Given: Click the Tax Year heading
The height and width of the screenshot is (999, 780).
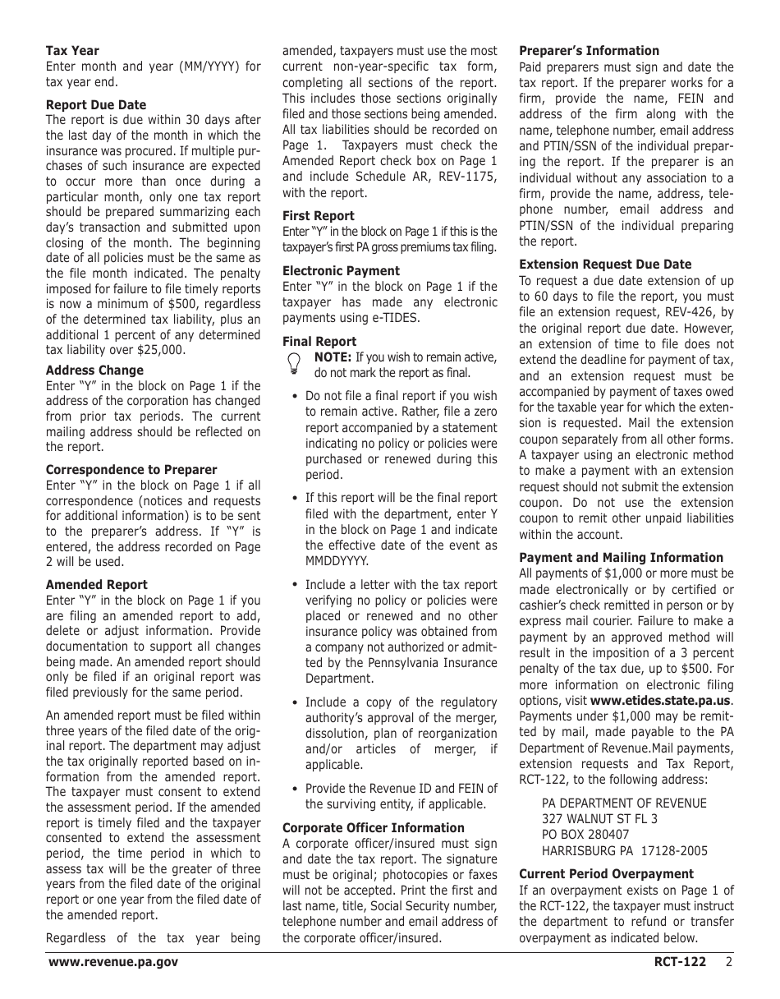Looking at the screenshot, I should [72, 51].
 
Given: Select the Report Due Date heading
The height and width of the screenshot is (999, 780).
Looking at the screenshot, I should [96, 105].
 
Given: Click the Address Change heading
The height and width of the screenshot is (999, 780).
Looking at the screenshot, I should [94, 371].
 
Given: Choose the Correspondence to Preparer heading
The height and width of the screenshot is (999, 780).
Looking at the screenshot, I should [131, 470].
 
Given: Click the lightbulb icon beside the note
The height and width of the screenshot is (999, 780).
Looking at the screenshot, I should [293, 364].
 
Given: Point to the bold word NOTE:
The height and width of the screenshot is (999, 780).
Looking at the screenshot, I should [333, 357].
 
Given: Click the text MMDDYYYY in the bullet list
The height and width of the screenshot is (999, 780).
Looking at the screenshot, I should [337, 561].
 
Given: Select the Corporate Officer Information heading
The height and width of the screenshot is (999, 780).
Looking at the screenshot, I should [373, 828].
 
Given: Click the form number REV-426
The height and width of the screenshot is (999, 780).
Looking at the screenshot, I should [687, 312].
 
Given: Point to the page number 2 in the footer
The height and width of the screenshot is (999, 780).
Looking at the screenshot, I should [728, 962].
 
